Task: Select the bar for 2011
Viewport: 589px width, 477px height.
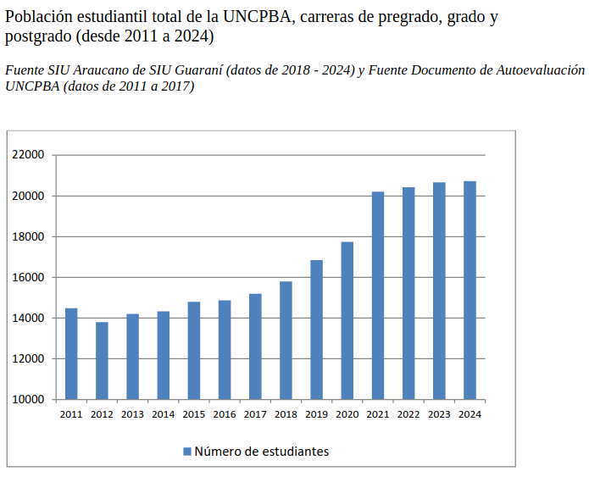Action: click(71, 353)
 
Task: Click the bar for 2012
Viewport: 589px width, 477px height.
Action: click(102, 360)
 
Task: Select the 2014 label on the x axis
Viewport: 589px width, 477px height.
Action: click(163, 415)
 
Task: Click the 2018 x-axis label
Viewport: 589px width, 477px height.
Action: click(286, 415)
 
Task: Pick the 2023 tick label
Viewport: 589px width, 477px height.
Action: click(439, 415)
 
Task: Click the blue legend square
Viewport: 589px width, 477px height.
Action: click(187, 452)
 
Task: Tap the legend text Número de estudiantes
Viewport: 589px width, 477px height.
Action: click(261, 452)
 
